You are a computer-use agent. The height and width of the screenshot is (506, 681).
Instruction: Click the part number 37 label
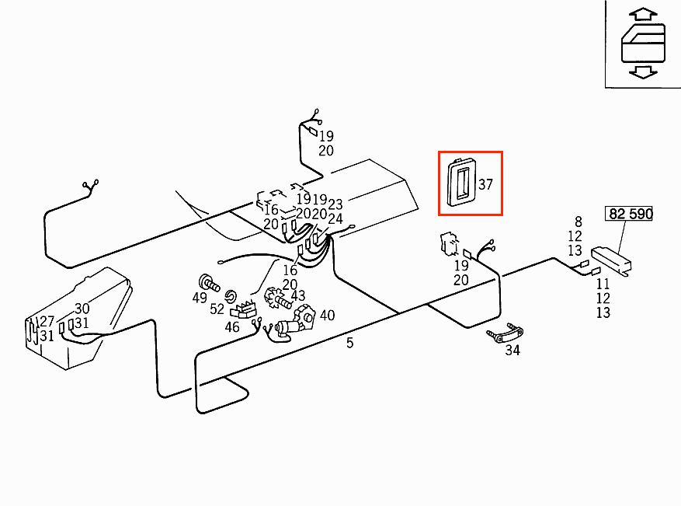click(x=486, y=185)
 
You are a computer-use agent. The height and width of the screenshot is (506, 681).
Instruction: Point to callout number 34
click(x=512, y=350)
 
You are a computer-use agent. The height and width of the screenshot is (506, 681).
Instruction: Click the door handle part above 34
click(x=506, y=333)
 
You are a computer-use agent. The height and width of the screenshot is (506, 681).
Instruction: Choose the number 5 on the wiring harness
click(x=349, y=343)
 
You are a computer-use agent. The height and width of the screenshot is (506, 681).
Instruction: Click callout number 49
click(x=200, y=298)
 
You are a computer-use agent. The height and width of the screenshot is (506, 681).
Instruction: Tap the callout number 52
click(x=217, y=309)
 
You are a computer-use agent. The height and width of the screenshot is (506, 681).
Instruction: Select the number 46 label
click(x=232, y=327)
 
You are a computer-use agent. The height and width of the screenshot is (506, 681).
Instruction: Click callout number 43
click(x=298, y=296)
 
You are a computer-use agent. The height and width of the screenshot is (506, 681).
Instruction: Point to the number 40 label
click(x=327, y=315)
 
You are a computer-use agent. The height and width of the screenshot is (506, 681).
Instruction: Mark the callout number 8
click(x=578, y=222)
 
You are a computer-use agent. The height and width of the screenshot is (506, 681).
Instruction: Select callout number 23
click(x=335, y=204)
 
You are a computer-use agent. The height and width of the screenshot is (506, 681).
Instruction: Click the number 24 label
click(x=335, y=219)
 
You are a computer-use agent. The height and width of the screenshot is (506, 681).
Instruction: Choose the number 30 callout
click(x=82, y=309)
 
